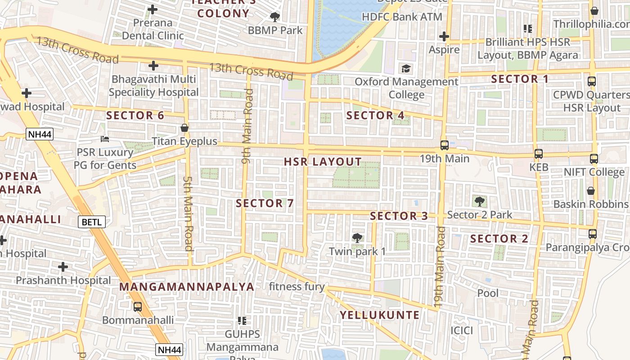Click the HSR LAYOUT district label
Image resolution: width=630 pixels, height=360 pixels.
click(323, 162)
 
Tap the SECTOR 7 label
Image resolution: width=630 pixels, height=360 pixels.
click(265, 203)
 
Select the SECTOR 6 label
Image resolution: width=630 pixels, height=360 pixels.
click(135, 115)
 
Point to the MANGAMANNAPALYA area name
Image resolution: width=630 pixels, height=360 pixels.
click(187, 287)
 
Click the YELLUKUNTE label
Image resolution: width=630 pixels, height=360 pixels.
click(379, 315)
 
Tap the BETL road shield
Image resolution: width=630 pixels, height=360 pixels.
click(92, 221)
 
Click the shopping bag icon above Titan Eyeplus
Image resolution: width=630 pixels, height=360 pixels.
click(184, 128)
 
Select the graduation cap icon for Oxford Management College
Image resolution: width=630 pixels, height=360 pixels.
click(406, 69)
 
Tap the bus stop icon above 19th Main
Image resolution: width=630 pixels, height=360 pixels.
click(444, 145)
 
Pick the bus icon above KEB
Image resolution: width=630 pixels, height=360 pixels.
click(538, 154)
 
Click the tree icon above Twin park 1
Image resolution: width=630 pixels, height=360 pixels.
click(357, 237)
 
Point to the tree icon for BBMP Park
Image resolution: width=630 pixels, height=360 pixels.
click(274, 17)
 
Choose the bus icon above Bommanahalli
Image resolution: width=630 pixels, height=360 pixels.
click(138, 306)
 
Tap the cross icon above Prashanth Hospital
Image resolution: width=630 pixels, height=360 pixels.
click(63, 267)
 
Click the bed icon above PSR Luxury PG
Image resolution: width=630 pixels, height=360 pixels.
click(105, 139)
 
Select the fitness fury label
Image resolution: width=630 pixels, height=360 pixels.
click(297, 286)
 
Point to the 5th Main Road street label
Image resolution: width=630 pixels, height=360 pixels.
click(188, 212)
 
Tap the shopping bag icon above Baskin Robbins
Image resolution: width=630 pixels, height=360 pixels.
click(591, 191)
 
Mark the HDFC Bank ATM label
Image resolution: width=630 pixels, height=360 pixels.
click(402, 17)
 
